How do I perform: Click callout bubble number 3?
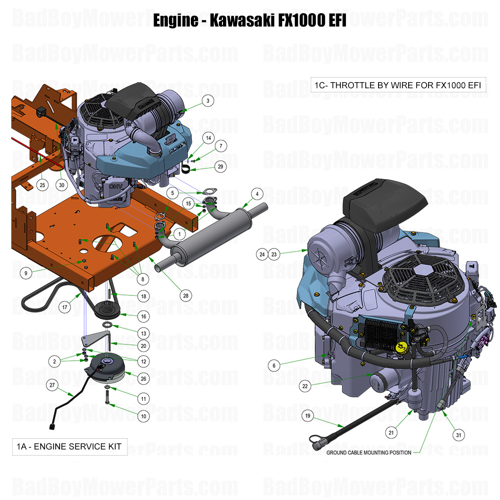(207, 101)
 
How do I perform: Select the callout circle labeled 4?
(257, 194)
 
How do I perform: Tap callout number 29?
(220, 166)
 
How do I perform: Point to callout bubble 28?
(185, 295)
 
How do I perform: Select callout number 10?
(144, 416)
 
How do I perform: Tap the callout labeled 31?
(459, 435)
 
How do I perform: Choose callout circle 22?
(305, 386)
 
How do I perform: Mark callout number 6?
(274, 365)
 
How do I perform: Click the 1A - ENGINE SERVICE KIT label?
(69, 446)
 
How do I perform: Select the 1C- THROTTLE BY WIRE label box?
(398, 85)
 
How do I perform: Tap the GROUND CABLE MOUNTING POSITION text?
(368, 453)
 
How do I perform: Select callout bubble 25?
(42, 184)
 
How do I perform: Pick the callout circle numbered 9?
(26, 273)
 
